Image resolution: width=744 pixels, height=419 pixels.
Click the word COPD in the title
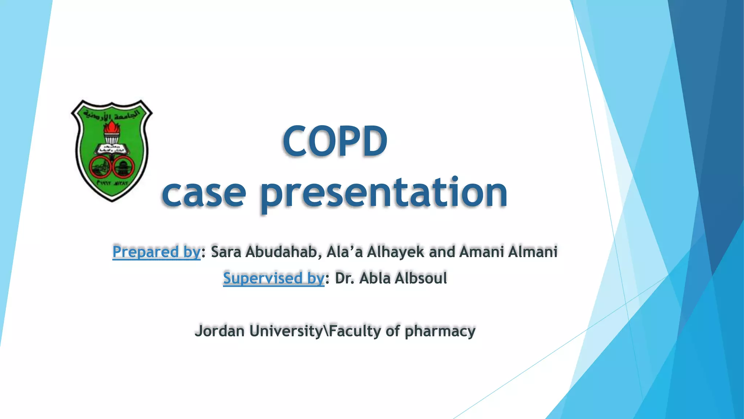pos(335,141)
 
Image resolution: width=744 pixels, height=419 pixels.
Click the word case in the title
pos(204,193)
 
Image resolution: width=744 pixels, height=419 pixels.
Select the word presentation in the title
pos(384,193)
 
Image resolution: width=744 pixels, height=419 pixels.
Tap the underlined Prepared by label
pos(156,252)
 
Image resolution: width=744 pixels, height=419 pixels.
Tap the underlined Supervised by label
pos(273,278)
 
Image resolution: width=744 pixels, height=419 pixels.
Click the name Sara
pos(226,252)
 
